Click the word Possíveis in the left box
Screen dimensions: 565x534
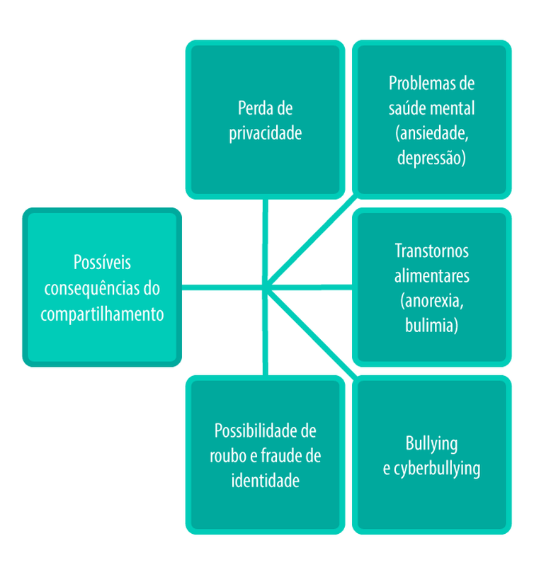(x=102, y=263)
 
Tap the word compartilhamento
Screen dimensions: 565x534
(x=102, y=314)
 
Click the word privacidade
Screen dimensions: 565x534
(x=265, y=134)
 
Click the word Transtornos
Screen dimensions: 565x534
(x=431, y=251)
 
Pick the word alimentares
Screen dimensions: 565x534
(x=431, y=275)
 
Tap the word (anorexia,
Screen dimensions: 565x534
(x=431, y=301)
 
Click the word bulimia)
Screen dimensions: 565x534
(x=431, y=326)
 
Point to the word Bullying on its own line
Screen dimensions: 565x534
(x=431, y=444)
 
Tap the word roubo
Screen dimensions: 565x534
(x=227, y=456)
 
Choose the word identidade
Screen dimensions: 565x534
(x=265, y=481)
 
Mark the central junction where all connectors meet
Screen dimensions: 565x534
(x=265, y=287)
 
